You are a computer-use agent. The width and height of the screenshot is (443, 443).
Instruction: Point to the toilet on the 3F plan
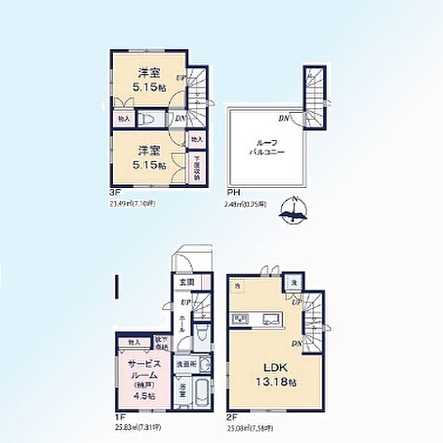[x=146, y=119]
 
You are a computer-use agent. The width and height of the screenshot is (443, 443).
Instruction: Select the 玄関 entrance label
[x=184, y=282]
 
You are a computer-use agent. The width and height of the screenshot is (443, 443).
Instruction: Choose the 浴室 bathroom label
[x=183, y=394]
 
